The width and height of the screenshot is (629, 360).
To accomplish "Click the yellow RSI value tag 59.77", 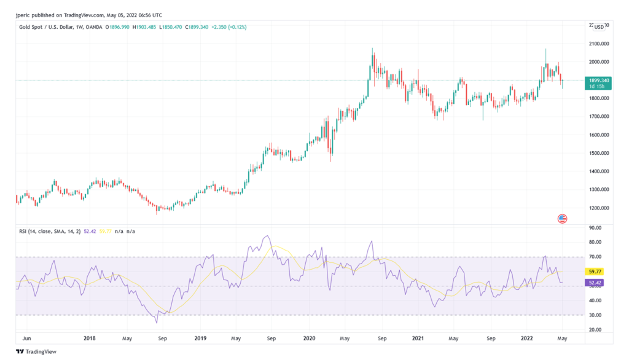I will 594,271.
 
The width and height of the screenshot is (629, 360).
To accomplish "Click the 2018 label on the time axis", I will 89,338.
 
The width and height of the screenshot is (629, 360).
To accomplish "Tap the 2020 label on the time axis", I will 310,338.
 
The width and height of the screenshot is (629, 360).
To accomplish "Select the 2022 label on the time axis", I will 527,338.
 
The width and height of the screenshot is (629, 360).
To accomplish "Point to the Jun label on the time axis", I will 26,338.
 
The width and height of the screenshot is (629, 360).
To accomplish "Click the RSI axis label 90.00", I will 594,227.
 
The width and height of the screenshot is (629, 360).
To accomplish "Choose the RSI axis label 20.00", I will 594,330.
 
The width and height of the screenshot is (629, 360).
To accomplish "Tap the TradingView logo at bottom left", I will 36,351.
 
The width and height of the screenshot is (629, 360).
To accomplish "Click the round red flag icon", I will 561,218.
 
